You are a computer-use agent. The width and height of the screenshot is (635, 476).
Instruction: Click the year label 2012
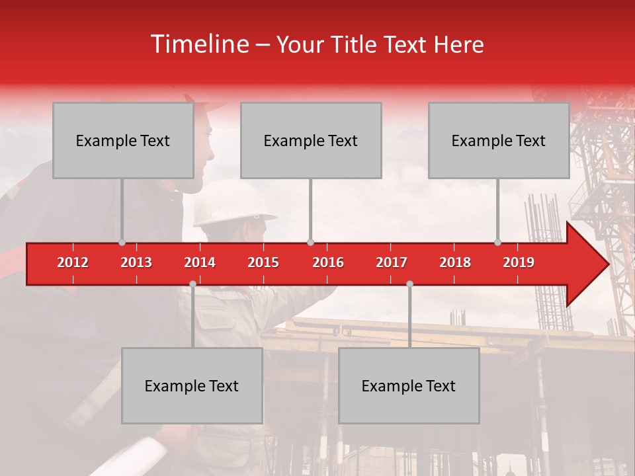pos(73,262)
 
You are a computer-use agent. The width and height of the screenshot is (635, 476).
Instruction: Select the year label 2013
pos(136,262)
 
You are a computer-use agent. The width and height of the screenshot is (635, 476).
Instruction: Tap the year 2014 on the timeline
pos(200,262)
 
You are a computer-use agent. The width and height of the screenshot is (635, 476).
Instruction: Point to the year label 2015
pos(263,262)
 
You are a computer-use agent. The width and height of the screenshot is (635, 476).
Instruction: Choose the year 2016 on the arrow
pos(328,262)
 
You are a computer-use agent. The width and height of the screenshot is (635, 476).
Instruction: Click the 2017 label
pos(392,262)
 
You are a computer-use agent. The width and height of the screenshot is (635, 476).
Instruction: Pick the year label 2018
pos(455,262)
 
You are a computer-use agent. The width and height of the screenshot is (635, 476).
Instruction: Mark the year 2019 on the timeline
pos(519,262)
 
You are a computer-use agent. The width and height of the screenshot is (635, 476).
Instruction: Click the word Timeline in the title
pos(199,44)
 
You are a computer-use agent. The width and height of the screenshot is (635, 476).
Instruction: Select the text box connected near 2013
pos(123,140)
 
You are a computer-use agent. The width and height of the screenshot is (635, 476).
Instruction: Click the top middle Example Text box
pos(311,140)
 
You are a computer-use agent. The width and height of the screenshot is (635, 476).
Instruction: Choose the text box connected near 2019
pos(499,140)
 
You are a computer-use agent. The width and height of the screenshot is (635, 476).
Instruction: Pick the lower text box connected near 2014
pos(192,385)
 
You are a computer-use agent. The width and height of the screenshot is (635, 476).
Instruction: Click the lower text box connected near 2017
pos(409,385)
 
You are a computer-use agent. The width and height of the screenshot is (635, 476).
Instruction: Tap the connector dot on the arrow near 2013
pos(122,242)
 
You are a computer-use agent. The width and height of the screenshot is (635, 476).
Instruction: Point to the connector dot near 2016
pos(310,242)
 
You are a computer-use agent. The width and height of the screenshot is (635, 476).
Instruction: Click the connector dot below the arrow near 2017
pos(409,284)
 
